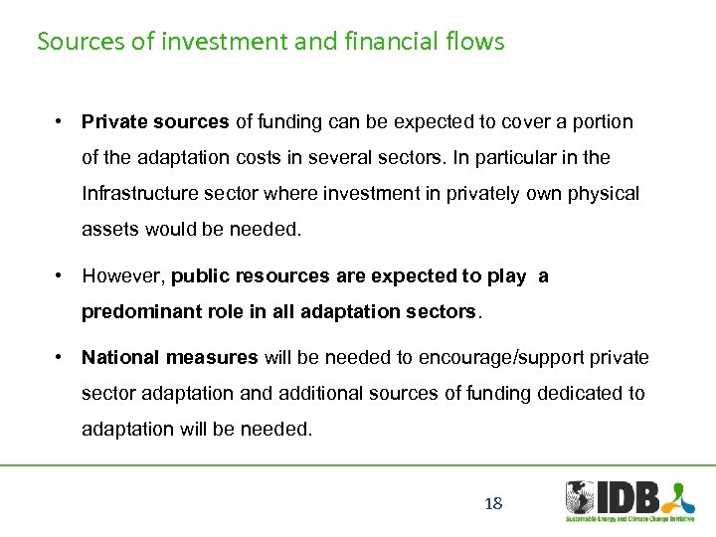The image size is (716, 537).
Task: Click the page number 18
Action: tap(493, 503)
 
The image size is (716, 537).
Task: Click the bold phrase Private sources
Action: tap(155, 122)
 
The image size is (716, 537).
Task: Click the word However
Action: tap(122, 276)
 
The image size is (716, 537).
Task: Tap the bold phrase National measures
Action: tap(169, 357)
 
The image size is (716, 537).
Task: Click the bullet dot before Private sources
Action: tap(61, 121)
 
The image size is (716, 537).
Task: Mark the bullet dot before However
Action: tap(61, 275)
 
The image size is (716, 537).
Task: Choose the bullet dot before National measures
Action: tap(61, 356)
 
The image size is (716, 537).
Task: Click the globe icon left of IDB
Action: tap(580, 497)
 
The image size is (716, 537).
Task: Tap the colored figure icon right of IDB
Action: tap(679, 495)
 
